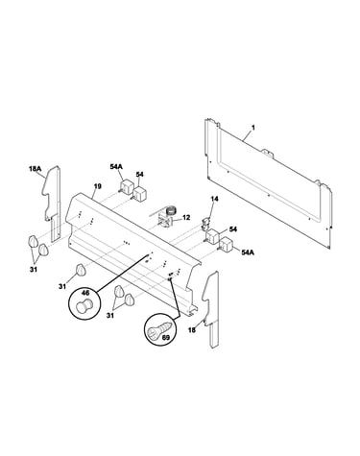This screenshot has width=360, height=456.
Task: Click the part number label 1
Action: [x=253, y=128]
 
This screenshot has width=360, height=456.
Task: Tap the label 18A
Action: [x=36, y=168]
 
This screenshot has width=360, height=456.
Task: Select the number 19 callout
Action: [x=98, y=186]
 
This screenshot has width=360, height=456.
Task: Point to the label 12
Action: [x=186, y=218]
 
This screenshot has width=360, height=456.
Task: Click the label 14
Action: [x=214, y=199]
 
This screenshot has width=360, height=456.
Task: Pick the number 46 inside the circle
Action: [x=85, y=293]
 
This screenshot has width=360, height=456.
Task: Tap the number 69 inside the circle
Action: [x=166, y=338]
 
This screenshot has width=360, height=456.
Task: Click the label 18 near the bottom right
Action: [x=192, y=330]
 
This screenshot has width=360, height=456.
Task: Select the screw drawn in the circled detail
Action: [x=159, y=330]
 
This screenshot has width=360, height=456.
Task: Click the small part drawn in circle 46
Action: [x=84, y=304]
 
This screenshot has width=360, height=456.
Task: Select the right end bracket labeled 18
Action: [x=211, y=309]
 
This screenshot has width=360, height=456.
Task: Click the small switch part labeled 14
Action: [x=204, y=224]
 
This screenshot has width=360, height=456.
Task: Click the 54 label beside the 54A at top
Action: [x=139, y=175]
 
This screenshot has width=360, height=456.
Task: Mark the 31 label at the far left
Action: [x=34, y=270]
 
